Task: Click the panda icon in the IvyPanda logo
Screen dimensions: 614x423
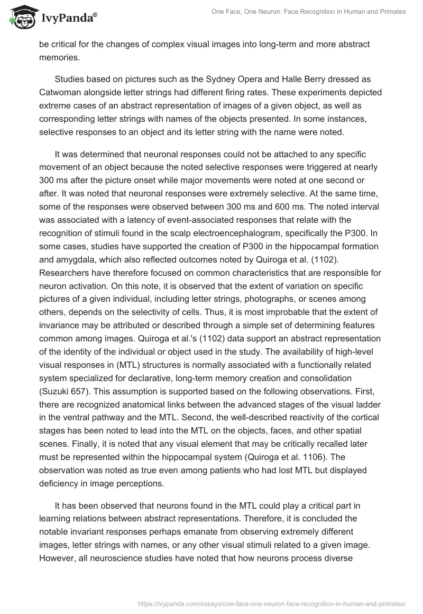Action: [x=20, y=17]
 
